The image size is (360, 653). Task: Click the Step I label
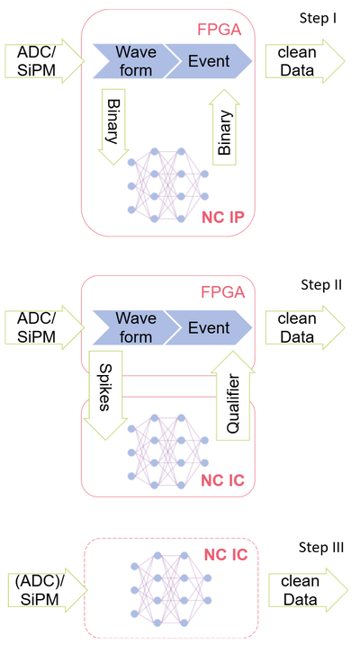pos(318,18)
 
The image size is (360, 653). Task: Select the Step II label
pos(321,285)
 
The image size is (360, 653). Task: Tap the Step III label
pos(321,547)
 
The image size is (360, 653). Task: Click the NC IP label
pos(223,217)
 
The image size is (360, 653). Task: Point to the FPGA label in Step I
pos(220,30)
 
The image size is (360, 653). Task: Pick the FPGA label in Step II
pos(222,292)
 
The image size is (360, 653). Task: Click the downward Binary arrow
pos(112,127)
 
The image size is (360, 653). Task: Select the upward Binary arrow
pos(225,127)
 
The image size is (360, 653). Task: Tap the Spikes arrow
pos(105,395)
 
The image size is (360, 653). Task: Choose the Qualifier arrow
pos(233,396)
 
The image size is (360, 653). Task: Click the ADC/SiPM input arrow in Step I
pos(45,61)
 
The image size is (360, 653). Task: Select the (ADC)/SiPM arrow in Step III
pos(48,590)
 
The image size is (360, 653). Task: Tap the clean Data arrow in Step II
pos(305,327)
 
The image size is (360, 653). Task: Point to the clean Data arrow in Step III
pos(309,590)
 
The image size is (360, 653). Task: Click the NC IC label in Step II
pos(222,480)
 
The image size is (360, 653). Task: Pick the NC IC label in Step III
pos(225,555)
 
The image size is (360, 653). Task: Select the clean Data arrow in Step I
pos(305,61)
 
